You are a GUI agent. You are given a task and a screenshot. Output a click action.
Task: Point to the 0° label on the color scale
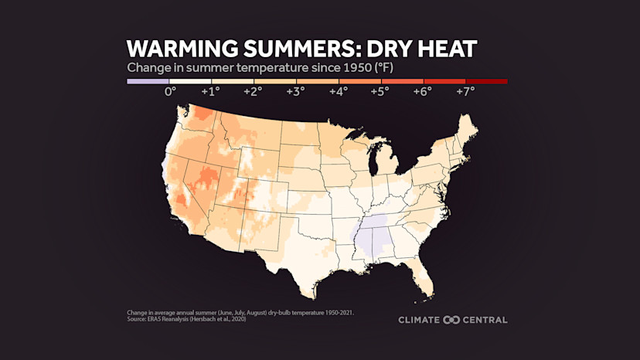pyautogui.click(x=170, y=91)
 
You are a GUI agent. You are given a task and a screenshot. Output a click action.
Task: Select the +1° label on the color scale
pyautogui.click(x=210, y=91)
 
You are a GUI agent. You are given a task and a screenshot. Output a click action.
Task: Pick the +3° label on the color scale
pyautogui.click(x=295, y=91)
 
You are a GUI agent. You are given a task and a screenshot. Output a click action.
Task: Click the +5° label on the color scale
pyautogui.click(x=380, y=91)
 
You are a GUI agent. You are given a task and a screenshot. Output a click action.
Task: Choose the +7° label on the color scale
pyautogui.click(x=465, y=91)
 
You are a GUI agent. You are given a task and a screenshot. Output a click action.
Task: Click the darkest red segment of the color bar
pyautogui.click(x=486, y=80)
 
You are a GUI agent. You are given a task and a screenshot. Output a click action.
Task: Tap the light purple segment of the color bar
pyautogui.click(x=148, y=80)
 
